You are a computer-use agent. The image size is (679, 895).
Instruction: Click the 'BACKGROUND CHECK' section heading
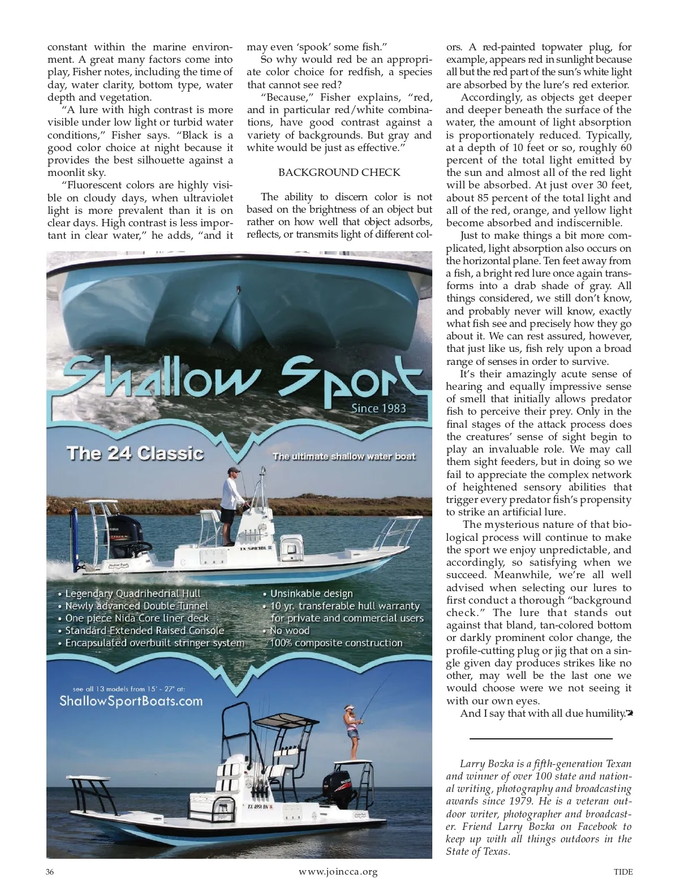click(339, 173)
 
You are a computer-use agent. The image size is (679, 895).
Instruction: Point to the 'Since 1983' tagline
click(379, 408)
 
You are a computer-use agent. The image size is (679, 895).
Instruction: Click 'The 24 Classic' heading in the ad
click(135, 453)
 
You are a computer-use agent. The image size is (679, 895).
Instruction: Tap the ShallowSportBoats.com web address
click(131, 701)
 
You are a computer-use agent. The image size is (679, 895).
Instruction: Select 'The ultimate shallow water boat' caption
click(344, 457)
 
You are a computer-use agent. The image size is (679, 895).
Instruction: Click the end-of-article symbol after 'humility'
click(629, 713)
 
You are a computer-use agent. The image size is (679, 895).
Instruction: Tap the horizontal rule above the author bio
click(541, 739)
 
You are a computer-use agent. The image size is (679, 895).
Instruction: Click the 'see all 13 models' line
click(129, 689)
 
